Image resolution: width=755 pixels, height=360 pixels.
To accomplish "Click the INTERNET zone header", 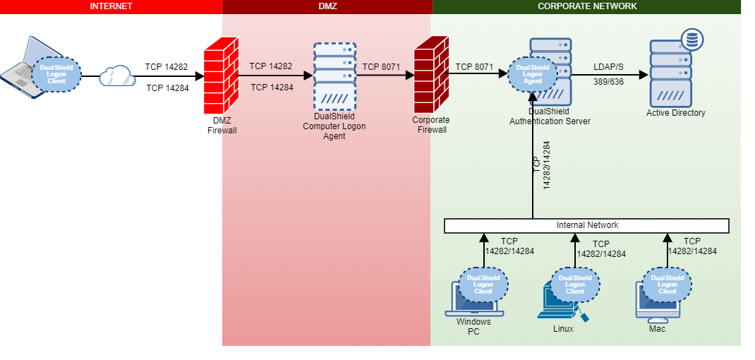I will [111, 6].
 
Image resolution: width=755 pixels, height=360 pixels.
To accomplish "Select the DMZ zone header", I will [327, 6].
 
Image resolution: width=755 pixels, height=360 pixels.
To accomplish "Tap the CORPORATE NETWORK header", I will [586, 6].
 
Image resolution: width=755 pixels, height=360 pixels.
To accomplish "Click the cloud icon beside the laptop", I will [116, 75].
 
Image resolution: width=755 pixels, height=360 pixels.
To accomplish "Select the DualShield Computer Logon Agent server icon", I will [334, 76].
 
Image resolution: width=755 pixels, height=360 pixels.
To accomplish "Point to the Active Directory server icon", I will [670, 73].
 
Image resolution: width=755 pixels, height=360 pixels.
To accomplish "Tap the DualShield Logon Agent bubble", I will [533, 73].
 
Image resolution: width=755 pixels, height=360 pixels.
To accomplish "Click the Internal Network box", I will [586, 226].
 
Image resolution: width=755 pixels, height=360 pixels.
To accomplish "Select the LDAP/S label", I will [608, 67].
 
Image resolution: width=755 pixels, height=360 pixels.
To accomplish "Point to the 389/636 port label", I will [608, 82].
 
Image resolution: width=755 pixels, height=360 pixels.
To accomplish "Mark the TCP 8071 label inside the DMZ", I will [381, 67].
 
